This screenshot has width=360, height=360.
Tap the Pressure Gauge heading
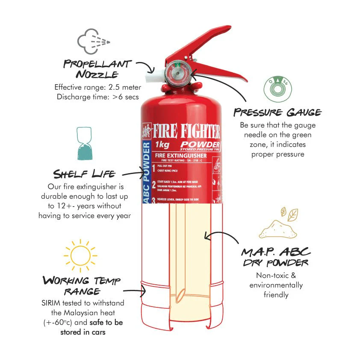[277, 112]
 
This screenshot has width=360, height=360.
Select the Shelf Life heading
[84, 174]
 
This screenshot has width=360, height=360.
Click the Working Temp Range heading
[82, 286]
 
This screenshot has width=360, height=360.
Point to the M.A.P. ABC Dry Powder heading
[276, 256]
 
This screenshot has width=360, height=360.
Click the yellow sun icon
[80, 255]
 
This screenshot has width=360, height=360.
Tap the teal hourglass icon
[84, 144]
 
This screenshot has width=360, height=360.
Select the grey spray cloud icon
[93, 41]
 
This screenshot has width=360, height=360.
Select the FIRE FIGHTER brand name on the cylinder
[186, 131]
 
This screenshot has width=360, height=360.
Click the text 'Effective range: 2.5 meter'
[97, 87]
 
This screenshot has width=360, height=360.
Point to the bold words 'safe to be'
[106, 322]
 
